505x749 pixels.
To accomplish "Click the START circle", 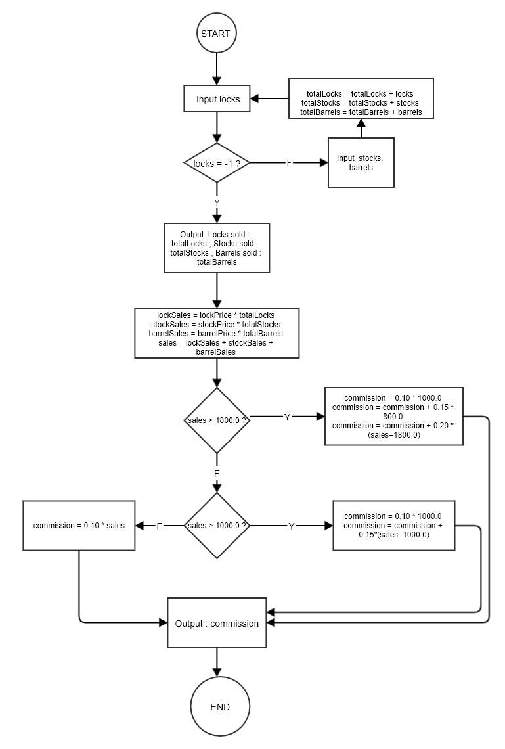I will tap(216, 33).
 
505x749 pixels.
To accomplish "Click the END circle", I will tap(220, 707).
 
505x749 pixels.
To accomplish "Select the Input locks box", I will tap(217, 99).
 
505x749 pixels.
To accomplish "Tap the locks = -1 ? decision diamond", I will tap(217, 163).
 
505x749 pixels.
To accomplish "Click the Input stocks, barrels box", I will tap(361, 162).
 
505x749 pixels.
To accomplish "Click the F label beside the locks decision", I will tap(289, 163).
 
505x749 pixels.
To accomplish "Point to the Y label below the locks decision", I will tap(217, 202).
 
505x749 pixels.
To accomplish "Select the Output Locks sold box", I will tap(217, 248).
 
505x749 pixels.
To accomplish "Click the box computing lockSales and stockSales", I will tap(217, 334).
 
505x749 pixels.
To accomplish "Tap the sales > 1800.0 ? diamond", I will tap(217, 420).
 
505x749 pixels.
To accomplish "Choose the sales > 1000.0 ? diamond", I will tap(217, 526).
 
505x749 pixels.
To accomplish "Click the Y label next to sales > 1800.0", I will tap(287, 417).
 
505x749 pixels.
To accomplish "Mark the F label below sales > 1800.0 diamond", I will tap(217, 473).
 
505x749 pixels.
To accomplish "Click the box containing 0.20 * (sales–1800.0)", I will tap(393, 417).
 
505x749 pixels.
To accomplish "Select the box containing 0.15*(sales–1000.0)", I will tap(393, 526).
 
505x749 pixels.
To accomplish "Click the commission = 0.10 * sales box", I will tap(79, 526).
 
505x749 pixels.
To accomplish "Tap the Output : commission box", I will tap(217, 623).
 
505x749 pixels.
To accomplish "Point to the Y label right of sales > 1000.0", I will tap(292, 526).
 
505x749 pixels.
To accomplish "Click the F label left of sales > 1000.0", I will tap(159, 526).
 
